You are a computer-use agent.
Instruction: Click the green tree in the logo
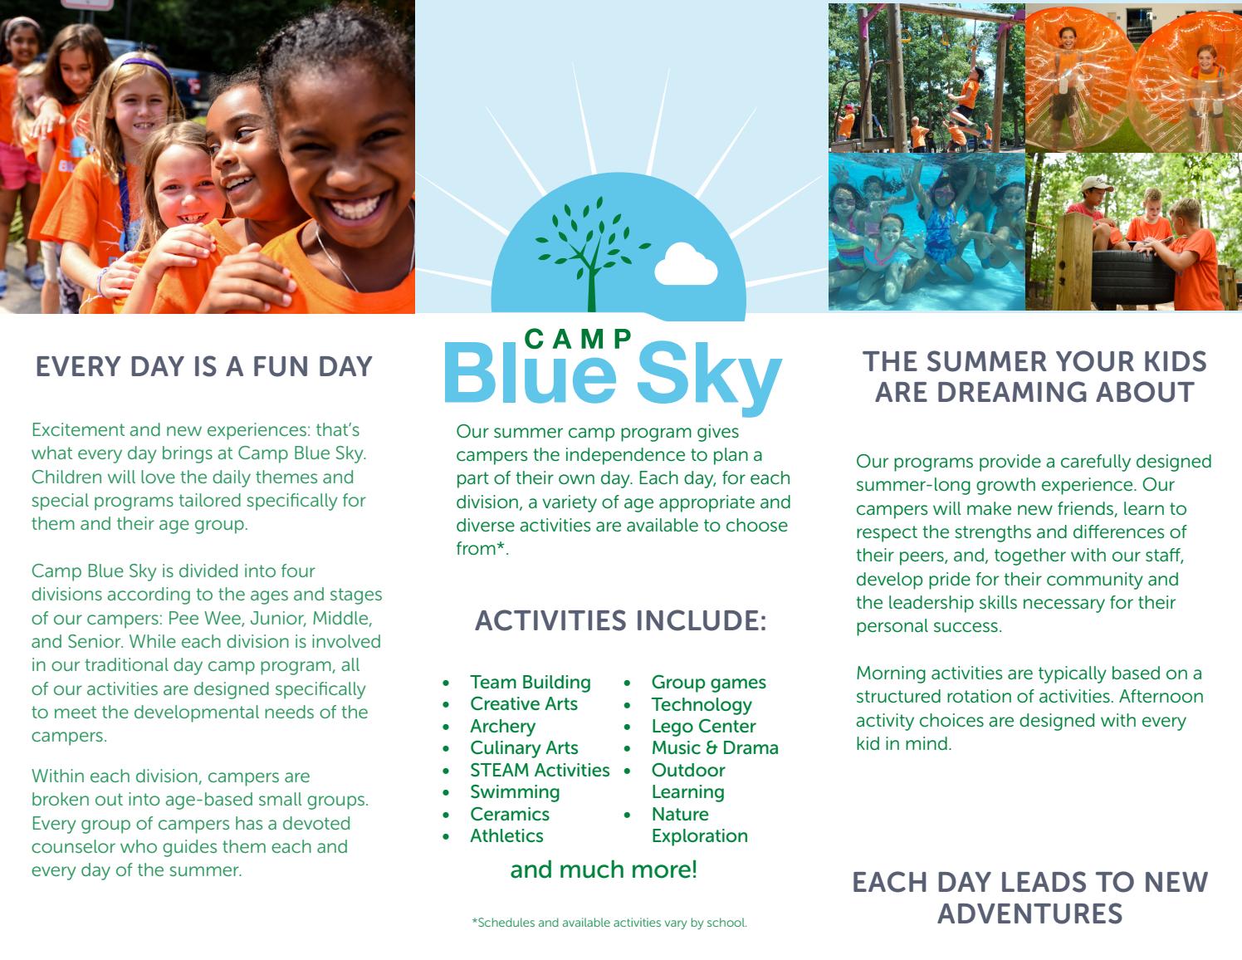point(592,249)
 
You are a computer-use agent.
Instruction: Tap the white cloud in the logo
point(686,265)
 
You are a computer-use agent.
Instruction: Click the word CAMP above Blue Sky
point(579,338)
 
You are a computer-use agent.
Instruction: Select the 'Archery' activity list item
point(502,726)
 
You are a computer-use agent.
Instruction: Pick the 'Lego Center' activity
point(703,726)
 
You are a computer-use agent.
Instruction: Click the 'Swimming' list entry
point(515,791)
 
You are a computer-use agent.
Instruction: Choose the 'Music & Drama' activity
point(715,747)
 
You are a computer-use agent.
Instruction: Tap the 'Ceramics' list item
point(510,814)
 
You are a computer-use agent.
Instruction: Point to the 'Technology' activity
point(702,704)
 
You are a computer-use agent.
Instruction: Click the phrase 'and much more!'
point(604,869)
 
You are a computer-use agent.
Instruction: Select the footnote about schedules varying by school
point(609,923)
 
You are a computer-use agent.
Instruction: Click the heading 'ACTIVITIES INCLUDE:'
point(621,620)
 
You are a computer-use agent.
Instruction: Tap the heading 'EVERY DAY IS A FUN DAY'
point(204,366)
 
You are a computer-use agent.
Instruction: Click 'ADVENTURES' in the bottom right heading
point(1030,913)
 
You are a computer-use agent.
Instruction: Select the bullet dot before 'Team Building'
point(446,683)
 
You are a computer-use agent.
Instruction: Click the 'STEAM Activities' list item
point(540,770)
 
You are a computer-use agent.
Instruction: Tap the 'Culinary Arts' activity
point(524,747)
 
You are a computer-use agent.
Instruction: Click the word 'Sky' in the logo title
point(708,374)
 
